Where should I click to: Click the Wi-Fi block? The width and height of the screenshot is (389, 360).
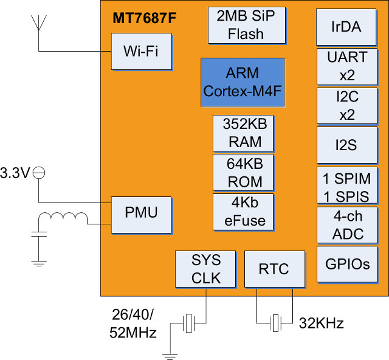pyautogui.click(x=141, y=50)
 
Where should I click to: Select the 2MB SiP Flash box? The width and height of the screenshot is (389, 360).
pyautogui.click(x=246, y=26)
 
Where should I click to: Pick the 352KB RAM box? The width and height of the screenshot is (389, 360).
pyautogui.click(x=243, y=133)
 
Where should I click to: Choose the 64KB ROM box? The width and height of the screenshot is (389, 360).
pyautogui.click(x=243, y=172)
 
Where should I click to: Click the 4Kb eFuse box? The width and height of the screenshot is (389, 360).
pyautogui.click(x=243, y=211)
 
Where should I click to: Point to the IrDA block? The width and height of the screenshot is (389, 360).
pyautogui.click(x=346, y=27)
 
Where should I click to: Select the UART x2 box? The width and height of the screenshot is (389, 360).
pyautogui.click(x=346, y=66)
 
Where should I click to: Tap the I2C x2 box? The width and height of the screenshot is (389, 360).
pyautogui.click(x=346, y=105)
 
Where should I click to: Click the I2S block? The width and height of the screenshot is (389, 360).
pyautogui.click(x=346, y=145)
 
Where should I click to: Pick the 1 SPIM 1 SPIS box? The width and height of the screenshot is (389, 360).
pyautogui.click(x=346, y=185)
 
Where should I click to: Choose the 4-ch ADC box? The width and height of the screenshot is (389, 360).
pyautogui.click(x=346, y=226)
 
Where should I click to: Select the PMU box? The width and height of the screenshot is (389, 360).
pyautogui.click(x=141, y=212)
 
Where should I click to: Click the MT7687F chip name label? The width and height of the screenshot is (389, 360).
pyautogui.click(x=144, y=19)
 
